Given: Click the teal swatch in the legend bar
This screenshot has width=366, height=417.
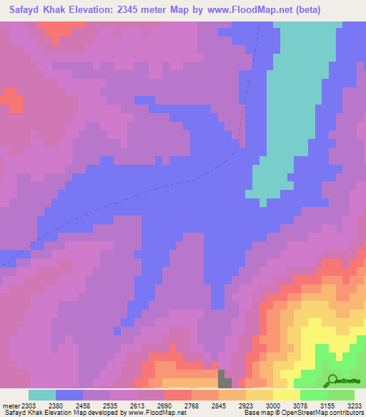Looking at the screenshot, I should click(x=42, y=395).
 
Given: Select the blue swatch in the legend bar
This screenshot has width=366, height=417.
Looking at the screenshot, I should click(x=69, y=395).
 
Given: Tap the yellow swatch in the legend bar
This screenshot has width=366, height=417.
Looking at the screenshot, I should click(x=286, y=395).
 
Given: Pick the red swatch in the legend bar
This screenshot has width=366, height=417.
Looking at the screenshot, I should click(x=177, y=395).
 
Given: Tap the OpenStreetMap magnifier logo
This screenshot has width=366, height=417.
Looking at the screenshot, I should click(x=331, y=380).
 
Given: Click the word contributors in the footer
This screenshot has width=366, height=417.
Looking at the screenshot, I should click(x=346, y=413).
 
